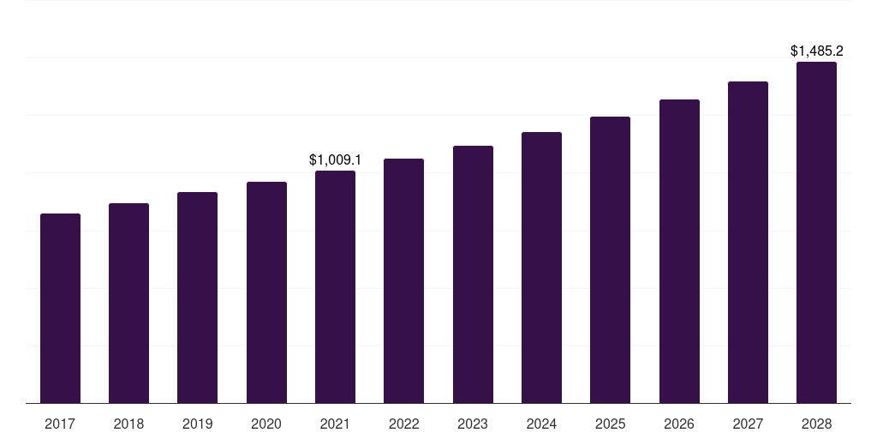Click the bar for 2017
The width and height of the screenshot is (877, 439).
tap(60, 309)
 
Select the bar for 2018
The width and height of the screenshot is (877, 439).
tap(128, 304)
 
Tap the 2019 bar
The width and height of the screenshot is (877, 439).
tap(197, 298)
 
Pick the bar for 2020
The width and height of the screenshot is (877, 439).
tap(266, 292)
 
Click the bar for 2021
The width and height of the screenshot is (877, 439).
tap(335, 287)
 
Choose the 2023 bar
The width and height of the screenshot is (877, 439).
tap(473, 274)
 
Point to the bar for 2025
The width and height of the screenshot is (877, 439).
tap(610, 260)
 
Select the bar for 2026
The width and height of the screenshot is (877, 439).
tap(679, 251)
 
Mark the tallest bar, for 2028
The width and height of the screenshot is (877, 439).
tap(816, 232)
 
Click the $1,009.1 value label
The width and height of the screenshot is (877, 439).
tap(335, 160)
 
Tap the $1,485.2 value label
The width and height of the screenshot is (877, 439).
tap(816, 51)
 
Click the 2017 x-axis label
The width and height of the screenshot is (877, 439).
tap(60, 424)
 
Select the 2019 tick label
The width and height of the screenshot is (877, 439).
tap(197, 424)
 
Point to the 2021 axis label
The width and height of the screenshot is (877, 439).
tap(335, 424)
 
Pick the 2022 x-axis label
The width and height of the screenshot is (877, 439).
tap(403, 424)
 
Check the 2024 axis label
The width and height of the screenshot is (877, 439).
tap(541, 424)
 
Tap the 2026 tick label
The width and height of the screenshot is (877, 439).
tap(679, 424)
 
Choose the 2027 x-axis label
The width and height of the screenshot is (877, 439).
tap(748, 424)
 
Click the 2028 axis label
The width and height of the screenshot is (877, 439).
tap(816, 424)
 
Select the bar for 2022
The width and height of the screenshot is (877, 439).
tap(403, 281)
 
